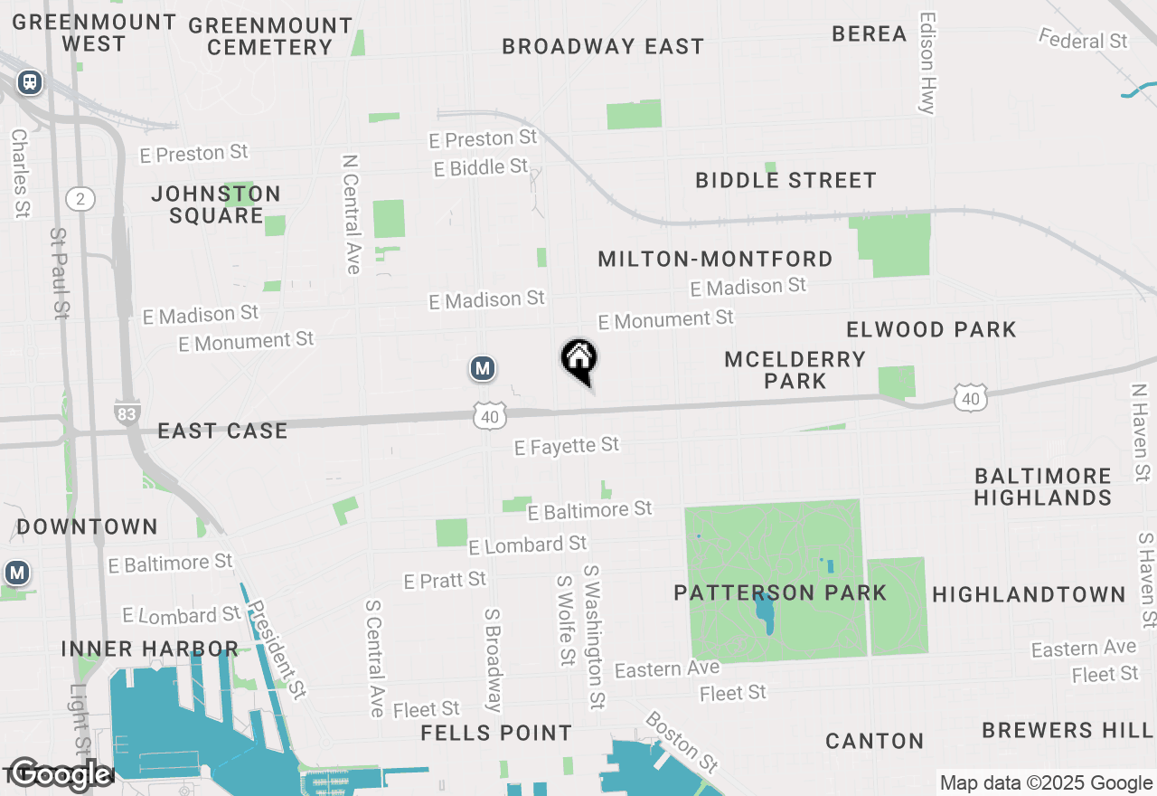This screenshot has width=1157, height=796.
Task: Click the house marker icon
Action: click(x=579, y=359)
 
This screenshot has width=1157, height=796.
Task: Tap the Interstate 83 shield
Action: click(x=127, y=413)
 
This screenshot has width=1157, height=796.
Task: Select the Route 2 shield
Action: click(x=80, y=199)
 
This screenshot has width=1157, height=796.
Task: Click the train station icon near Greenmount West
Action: click(x=30, y=82)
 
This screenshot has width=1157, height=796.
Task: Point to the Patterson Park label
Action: click(x=780, y=593)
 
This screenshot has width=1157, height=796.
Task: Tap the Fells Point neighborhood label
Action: click(x=496, y=733)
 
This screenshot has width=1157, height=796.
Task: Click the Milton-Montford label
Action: click(x=715, y=260)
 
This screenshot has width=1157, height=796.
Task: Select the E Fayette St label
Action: click(x=567, y=445)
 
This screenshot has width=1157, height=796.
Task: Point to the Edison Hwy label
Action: click(x=927, y=62)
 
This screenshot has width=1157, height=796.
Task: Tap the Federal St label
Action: click(x=1083, y=40)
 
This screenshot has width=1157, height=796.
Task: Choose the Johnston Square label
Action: click(x=216, y=204)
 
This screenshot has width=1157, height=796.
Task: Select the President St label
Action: click(x=277, y=649)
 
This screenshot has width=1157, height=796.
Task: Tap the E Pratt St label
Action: click(x=445, y=580)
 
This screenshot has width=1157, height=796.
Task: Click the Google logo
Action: click(x=60, y=774)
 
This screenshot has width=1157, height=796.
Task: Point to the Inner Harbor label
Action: click(x=150, y=649)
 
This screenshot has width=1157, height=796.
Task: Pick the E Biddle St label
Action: click(x=480, y=167)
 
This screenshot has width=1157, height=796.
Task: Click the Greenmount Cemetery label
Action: click(x=270, y=36)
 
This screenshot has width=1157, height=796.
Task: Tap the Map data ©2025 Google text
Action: click(x=1046, y=783)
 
